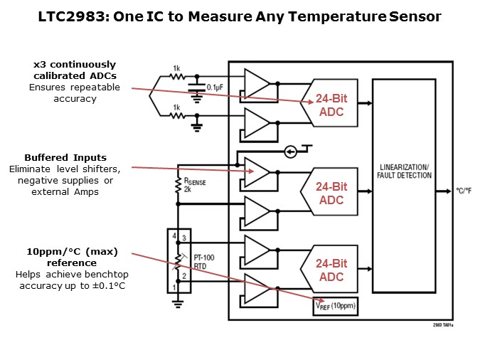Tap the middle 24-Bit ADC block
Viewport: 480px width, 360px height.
tap(331, 193)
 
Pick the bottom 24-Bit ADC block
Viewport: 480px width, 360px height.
tap(331, 270)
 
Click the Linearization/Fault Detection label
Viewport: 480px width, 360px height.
tap(403, 170)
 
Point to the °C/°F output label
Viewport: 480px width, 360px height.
tap(463, 191)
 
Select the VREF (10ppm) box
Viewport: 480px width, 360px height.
tap(335, 306)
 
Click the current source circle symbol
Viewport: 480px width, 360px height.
tap(290, 152)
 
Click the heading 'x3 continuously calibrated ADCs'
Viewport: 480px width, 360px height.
tap(74, 70)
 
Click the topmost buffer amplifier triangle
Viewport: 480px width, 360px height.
tap(257, 83)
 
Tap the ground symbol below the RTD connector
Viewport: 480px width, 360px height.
tap(178, 303)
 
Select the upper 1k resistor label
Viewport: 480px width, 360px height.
tap(176, 69)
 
